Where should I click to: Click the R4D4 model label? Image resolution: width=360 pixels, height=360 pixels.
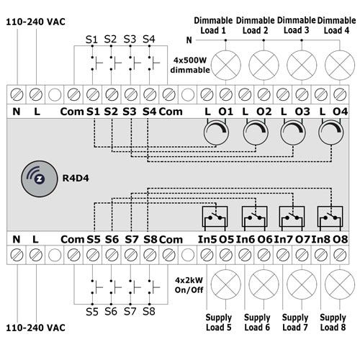[x=76, y=179]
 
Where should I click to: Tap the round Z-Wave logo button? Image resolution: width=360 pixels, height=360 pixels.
[x=40, y=179]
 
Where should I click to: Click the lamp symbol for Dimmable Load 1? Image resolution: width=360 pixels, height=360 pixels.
[x=225, y=65]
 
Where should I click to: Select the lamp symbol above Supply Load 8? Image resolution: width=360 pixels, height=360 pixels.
[x=340, y=284]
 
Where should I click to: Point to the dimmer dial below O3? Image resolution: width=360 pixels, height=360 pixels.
[x=293, y=132]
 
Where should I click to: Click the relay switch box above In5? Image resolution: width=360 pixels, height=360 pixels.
[x=215, y=217]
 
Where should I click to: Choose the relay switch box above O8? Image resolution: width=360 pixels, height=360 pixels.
[x=330, y=217]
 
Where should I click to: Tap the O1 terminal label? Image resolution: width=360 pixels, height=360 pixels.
[x=225, y=112]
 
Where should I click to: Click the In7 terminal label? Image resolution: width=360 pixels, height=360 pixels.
[x=284, y=239]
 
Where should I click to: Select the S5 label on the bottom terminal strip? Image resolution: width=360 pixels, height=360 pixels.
[x=94, y=239]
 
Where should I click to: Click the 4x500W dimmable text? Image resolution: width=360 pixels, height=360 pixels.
[x=190, y=65]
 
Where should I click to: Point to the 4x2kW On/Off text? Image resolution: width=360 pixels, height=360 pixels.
[x=189, y=285]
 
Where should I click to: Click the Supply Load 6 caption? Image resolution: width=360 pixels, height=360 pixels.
[x=257, y=323]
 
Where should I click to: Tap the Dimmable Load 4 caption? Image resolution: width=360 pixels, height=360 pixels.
[x=336, y=25]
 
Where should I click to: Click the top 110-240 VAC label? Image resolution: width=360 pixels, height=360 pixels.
[x=35, y=22]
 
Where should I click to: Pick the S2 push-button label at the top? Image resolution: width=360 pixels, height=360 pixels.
[x=110, y=39]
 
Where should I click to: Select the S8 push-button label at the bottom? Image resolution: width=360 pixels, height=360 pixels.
[x=149, y=312]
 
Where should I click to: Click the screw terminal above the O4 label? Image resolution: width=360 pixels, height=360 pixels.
[x=340, y=94]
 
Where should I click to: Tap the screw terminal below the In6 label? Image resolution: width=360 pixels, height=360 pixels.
[x=245, y=255]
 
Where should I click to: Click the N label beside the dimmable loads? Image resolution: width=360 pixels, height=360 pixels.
[x=189, y=40]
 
